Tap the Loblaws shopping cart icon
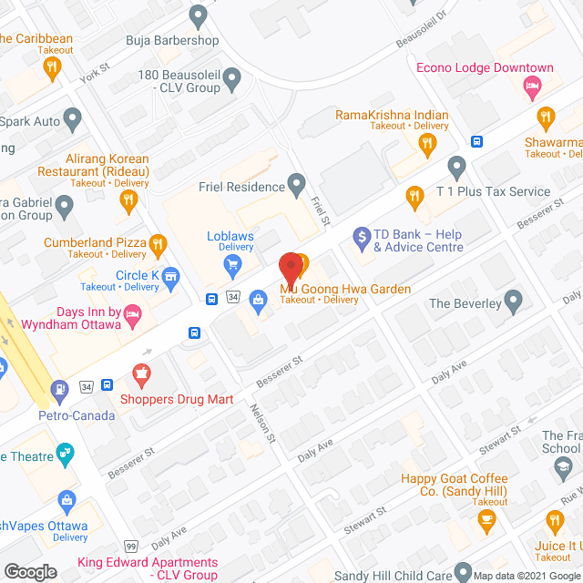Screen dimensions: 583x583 (232, 265)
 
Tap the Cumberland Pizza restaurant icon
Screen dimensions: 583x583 (158, 242)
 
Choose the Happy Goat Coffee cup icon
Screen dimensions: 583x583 (486, 519)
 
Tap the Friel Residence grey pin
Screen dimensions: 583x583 (296, 187)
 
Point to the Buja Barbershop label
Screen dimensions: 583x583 (172, 40)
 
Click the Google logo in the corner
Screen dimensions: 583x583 (29, 571)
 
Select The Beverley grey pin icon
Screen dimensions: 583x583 (513, 300)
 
